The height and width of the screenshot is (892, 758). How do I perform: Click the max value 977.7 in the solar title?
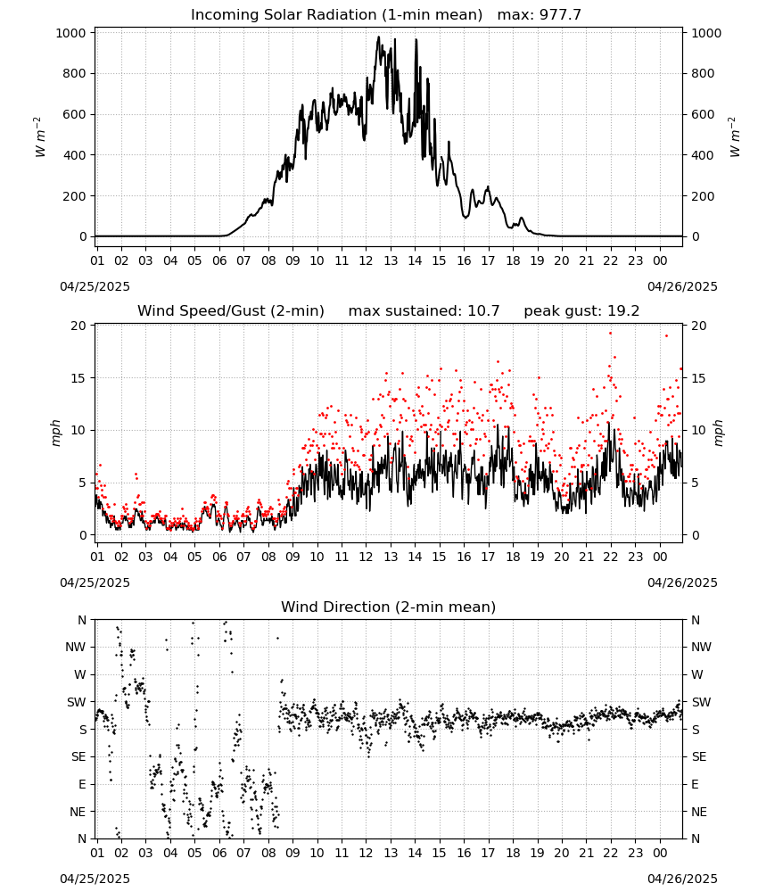[x=561, y=15]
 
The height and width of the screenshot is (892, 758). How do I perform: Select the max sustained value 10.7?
[x=483, y=311]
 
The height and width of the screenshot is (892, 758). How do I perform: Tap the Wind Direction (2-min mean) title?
[x=389, y=607]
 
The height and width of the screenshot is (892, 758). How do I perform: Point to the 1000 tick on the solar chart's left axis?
[x=70, y=33]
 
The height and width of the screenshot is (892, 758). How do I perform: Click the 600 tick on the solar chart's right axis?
[x=703, y=114]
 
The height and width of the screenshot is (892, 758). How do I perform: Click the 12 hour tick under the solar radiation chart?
[x=366, y=260]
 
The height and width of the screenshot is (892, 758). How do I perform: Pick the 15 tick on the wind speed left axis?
[x=78, y=378]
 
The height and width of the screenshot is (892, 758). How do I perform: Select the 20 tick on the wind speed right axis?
[x=699, y=326]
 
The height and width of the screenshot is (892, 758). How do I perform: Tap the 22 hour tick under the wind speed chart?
[x=611, y=557]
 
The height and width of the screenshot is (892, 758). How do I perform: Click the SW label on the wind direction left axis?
[x=77, y=703]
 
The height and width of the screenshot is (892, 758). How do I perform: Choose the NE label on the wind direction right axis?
[x=699, y=812]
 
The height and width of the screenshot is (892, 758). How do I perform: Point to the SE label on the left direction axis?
[x=78, y=757]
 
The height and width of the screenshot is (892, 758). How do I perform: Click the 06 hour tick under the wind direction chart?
[x=219, y=854]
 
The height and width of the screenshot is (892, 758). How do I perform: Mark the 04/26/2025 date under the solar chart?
[x=682, y=286]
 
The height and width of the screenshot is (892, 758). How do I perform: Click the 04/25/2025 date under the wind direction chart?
[x=95, y=879]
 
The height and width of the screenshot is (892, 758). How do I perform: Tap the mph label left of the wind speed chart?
[x=55, y=433]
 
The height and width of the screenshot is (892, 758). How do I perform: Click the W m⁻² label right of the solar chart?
[x=735, y=137]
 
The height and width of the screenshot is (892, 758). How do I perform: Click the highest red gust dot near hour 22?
[x=610, y=334]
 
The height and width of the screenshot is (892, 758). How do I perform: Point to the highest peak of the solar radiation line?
[x=379, y=37]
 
